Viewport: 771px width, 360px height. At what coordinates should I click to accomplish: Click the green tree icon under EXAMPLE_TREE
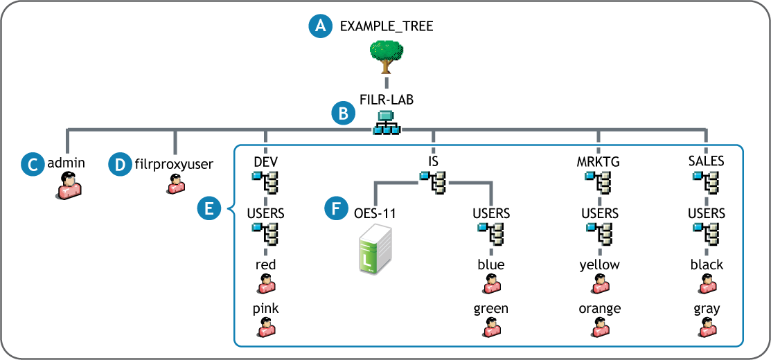pyautogui.click(x=387, y=55)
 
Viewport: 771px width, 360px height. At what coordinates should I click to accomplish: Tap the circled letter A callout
pyautogui.click(x=319, y=26)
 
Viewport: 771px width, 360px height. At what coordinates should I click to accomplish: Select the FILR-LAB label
pyautogui.click(x=387, y=100)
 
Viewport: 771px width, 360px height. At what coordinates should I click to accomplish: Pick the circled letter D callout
pyautogui.click(x=119, y=164)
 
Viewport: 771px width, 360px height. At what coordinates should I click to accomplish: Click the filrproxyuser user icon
pyautogui.click(x=175, y=183)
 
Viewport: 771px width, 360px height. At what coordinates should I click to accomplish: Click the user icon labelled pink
pyautogui.click(x=265, y=327)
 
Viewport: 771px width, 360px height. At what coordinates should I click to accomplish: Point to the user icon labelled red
pyautogui.click(x=265, y=284)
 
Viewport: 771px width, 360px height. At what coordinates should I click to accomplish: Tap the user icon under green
pyautogui.click(x=491, y=327)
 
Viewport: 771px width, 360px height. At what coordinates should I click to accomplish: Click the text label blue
pyautogui.click(x=491, y=265)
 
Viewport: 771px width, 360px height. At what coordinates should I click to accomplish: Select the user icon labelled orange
pyautogui.click(x=600, y=327)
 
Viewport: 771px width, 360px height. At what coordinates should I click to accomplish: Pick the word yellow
pyautogui.click(x=600, y=265)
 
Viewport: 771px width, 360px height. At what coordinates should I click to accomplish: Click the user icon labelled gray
pyautogui.click(x=707, y=327)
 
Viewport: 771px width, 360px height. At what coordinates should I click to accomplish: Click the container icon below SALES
pyautogui.click(x=707, y=183)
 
